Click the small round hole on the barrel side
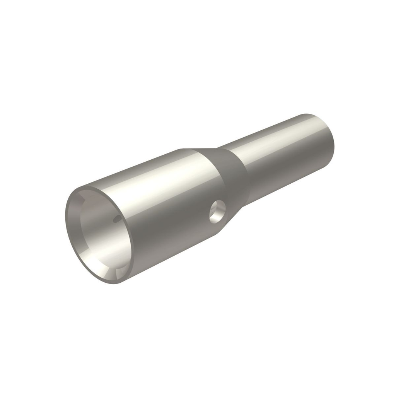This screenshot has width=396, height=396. (x=217, y=212)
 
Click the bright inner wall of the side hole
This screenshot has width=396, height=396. (x=220, y=209)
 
